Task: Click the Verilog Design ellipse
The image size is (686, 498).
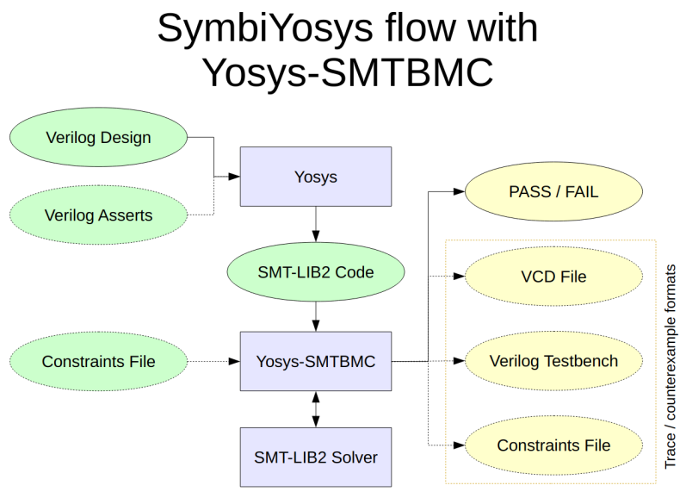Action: coord(98,138)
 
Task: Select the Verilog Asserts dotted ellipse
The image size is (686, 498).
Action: coord(98,215)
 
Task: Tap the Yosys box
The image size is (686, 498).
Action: coord(315,177)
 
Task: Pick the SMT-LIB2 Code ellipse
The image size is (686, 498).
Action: coord(315,272)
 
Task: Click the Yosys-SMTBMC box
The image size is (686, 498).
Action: coord(315,362)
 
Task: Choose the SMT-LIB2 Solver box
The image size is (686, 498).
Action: coord(315,458)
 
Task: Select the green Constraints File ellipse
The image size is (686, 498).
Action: coord(98,362)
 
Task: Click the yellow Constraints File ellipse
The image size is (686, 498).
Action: coord(553,445)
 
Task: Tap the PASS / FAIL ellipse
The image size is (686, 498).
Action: coord(553,192)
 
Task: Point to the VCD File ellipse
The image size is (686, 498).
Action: coord(553,277)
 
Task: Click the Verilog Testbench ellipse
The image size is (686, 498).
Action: coord(553,361)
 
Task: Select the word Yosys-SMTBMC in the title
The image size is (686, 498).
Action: coord(347,72)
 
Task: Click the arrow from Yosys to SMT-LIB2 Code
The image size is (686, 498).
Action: coord(316,226)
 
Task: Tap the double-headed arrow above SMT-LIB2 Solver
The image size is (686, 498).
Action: coord(316,409)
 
